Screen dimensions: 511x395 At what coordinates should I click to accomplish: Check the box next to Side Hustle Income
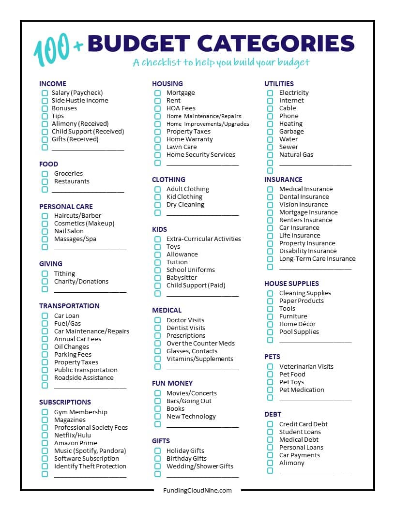[45, 101]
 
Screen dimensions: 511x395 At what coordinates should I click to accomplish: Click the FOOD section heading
[48, 164]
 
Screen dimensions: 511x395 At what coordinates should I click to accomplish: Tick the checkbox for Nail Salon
[45, 231]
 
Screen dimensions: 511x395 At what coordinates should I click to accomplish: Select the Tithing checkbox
[45, 274]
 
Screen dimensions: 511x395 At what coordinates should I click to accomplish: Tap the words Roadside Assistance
[84, 378]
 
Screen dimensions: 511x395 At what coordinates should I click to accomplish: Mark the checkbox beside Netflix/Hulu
[45, 436]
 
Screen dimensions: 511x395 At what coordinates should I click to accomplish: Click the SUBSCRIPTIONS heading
[65, 402]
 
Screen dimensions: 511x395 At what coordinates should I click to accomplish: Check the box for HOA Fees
[157, 108]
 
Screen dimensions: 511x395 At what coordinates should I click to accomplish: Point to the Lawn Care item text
[182, 147]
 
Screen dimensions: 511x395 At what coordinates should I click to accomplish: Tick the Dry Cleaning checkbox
[157, 205]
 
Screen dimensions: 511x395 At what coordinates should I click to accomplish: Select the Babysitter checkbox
[157, 278]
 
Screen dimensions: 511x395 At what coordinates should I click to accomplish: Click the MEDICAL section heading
[167, 310]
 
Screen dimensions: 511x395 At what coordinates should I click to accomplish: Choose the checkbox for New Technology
[157, 417]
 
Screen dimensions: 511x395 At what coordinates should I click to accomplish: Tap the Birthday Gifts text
[186, 459]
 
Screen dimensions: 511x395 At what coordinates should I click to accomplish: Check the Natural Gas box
[270, 155]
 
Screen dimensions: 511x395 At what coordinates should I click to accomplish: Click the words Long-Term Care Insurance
[317, 259]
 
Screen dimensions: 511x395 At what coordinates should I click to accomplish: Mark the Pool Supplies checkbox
[270, 332]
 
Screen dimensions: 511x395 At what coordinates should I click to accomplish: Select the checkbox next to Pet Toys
[270, 382]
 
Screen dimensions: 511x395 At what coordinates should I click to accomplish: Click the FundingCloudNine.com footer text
[197, 490]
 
